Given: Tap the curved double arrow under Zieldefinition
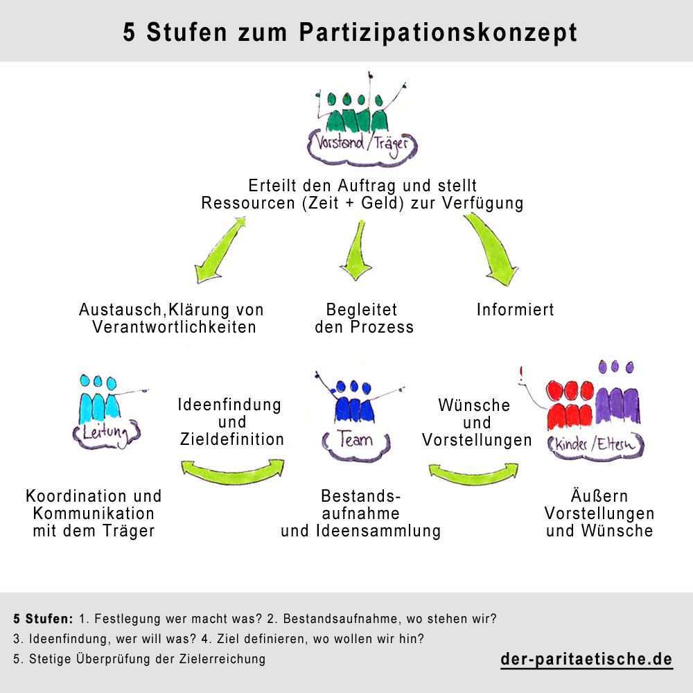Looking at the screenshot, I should tap(232, 469).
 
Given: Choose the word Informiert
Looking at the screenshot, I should tap(515, 310).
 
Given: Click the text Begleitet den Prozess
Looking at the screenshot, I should tap(363, 318).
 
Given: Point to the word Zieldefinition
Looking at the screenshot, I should tap(232, 439).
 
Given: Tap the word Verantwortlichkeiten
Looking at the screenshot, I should tap(175, 327).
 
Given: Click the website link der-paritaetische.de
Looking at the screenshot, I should tap(586, 659).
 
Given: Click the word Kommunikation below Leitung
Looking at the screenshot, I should tap(94, 514).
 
